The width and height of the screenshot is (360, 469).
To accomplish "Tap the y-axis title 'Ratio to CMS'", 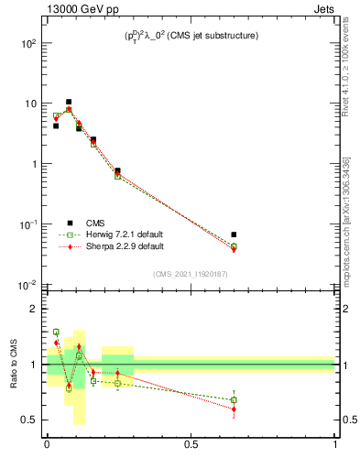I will tap(14, 364).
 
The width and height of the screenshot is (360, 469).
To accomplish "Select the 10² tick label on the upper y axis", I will tap(28, 43).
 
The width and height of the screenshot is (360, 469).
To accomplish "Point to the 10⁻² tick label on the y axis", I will tap(28, 285).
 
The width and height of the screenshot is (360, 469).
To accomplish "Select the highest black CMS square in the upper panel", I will tap(69, 102).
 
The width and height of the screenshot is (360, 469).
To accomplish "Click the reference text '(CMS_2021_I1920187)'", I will tap(191, 273).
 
